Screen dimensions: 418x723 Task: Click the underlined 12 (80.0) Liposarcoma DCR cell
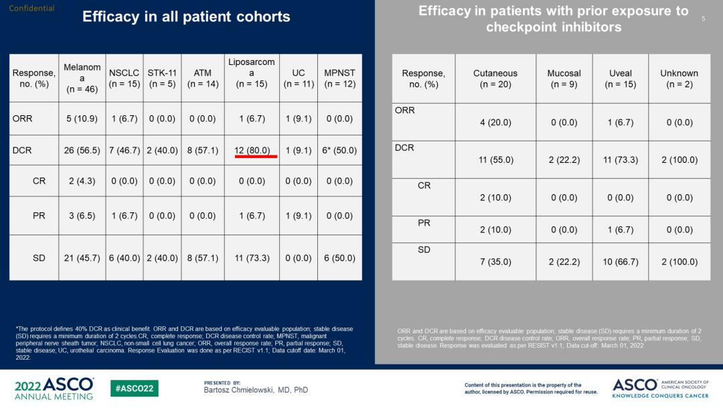point(252,151)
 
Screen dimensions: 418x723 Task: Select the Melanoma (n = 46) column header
point(82,78)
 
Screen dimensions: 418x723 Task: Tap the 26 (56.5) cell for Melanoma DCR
point(82,151)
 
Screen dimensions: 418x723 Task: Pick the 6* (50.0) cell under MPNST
point(339,151)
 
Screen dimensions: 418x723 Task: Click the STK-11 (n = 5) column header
point(162,78)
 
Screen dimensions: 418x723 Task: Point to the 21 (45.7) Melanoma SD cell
point(82,258)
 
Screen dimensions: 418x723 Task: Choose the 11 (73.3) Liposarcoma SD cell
point(252,258)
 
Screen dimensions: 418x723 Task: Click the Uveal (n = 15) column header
point(621,78)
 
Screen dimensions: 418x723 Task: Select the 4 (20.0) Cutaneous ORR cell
point(495,123)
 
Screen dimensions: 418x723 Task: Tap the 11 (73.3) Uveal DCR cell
point(621,160)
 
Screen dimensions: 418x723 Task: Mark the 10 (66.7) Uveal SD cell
point(621,262)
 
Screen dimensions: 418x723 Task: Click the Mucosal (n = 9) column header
point(564,78)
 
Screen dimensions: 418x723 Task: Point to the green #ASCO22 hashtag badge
point(135,389)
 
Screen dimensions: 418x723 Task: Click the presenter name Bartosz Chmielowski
point(256,390)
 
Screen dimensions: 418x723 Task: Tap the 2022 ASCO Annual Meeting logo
point(54,389)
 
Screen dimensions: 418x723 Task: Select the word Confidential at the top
point(31,9)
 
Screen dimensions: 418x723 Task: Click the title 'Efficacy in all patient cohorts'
point(186,17)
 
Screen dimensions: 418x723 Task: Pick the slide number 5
point(704,19)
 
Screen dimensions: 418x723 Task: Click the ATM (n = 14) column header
point(202,78)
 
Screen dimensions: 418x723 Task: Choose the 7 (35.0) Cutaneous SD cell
point(495,262)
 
